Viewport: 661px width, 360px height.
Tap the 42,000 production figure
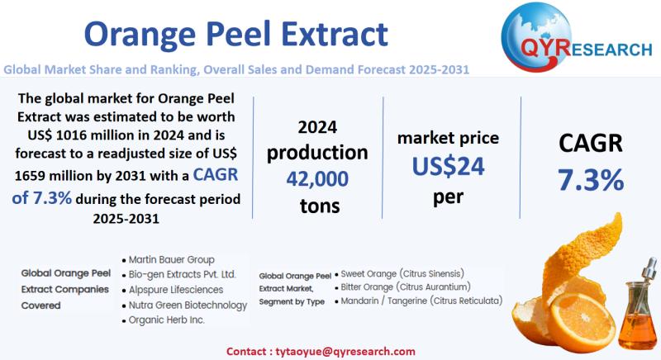click(x=317, y=178)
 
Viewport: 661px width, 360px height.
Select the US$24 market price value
click(x=448, y=167)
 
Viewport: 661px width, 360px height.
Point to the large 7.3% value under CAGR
click(x=590, y=179)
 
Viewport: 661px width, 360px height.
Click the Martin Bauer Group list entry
click(x=172, y=259)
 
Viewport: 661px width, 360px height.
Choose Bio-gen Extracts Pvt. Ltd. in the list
click(x=183, y=274)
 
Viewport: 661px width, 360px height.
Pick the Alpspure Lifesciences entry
click(x=176, y=289)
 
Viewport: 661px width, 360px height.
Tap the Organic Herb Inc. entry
click(x=166, y=320)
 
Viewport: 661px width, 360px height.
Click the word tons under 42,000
click(x=317, y=205)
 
